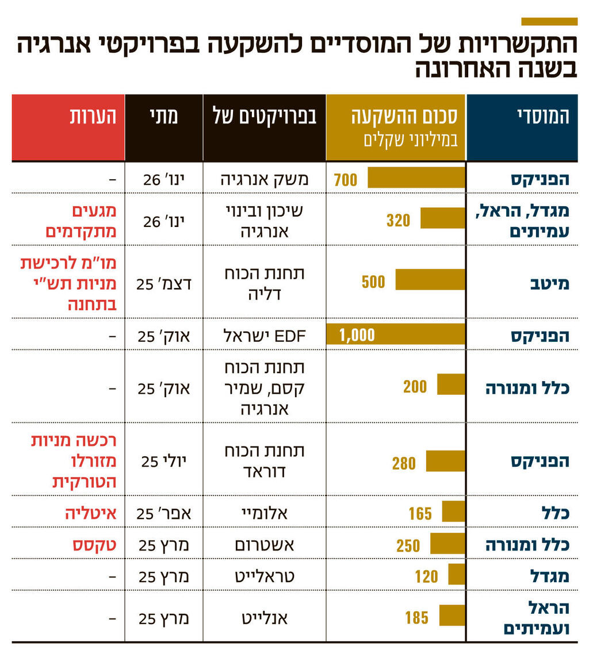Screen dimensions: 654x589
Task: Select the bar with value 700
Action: [x=416, y=178]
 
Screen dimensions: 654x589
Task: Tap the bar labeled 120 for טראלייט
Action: [x=456, y=574]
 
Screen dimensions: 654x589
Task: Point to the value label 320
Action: [x=398, y=220]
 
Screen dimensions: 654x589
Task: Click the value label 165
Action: [x=420, y=513]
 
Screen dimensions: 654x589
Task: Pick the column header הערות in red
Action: [x=93, y=117]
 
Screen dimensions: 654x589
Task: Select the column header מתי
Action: [x=163, y=117]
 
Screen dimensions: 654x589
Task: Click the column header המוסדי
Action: [x=542, y=117]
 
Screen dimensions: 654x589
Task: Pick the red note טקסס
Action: [x=94, y=544]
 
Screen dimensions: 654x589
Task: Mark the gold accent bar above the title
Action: [x=549, y=21]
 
